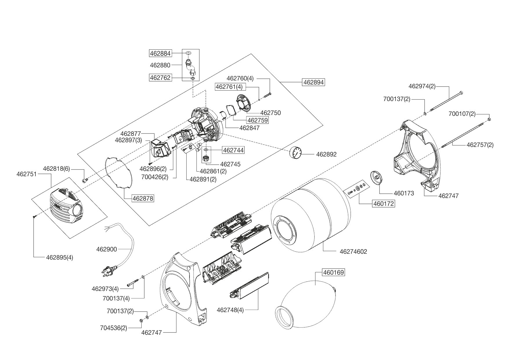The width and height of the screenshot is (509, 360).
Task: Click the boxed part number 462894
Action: coord(313,82)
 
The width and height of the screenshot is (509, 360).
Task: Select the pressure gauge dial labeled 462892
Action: coord(295,153)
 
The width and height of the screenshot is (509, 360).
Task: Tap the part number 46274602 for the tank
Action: coord(353,252)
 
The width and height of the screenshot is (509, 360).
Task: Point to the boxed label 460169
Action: coord(333,273)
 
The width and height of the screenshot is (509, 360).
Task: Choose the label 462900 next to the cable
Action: coord(107,249)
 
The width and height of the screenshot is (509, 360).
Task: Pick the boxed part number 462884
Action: coord(160,53)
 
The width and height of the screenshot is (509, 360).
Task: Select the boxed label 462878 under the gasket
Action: coord(143,199)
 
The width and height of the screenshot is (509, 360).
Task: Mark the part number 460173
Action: coord(404,193)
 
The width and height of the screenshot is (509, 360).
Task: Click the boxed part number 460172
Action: coord(384,204)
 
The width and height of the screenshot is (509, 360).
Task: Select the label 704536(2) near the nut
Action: coord(113,328)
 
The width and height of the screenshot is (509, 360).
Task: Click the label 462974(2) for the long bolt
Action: coord(422,86)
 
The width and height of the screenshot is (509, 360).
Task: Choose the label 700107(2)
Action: coord(462,114)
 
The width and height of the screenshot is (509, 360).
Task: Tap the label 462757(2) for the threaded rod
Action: coord(480,145)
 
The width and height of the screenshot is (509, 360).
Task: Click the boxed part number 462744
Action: coord(233,150)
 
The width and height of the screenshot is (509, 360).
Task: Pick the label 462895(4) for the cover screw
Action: coord(59,258)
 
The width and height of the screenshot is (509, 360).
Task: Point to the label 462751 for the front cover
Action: coord(27,174)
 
